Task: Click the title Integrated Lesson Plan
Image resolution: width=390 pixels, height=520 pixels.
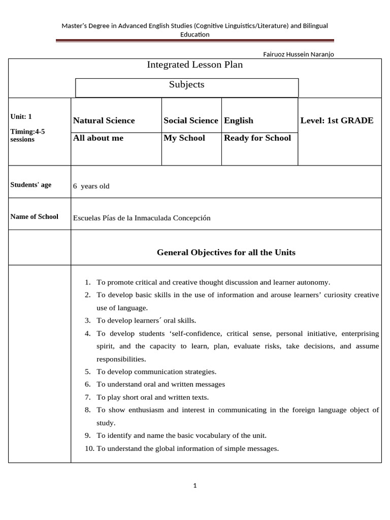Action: point(194,64)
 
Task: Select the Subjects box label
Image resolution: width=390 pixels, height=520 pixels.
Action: point(186,85)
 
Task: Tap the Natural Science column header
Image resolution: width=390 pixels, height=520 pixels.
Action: point(104,120)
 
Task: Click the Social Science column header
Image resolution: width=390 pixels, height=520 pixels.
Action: point(190,120)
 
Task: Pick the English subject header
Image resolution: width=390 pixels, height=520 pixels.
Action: point(239,120)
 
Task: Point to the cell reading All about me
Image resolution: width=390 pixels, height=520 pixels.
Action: point(98,138)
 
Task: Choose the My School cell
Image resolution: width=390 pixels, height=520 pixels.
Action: point(184,138)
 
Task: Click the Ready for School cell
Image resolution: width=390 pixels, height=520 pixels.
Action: point(257,138)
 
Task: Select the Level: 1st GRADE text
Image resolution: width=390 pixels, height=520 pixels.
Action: point(337,120)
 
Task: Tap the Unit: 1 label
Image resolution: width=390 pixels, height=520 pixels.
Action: point(21,116)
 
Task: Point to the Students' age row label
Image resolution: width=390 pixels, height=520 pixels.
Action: point(31,185)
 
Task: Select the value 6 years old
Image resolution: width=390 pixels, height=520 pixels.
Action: point(91,186)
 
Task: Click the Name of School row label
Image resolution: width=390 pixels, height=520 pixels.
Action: point(35,217)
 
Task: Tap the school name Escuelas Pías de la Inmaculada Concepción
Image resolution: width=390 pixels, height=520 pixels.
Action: point(142,218)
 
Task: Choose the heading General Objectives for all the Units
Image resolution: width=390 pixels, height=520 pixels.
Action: point(226,252)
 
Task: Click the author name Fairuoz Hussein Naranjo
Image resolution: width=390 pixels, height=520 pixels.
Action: point(299,54)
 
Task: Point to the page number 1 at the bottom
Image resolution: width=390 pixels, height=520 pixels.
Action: point(194,485)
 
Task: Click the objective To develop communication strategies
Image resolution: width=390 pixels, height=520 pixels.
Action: point(156,372)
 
